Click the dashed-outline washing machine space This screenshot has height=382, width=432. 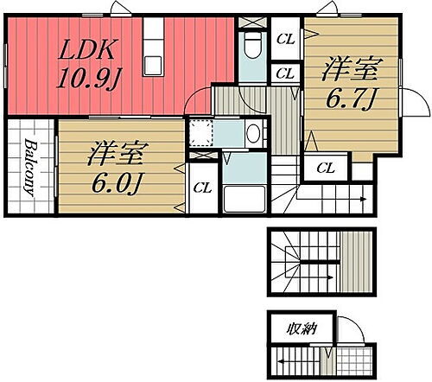[x=200, y=133]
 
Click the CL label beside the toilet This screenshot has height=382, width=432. [x=284, y=39]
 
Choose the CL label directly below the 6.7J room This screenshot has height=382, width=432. [x=325, y=168]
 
